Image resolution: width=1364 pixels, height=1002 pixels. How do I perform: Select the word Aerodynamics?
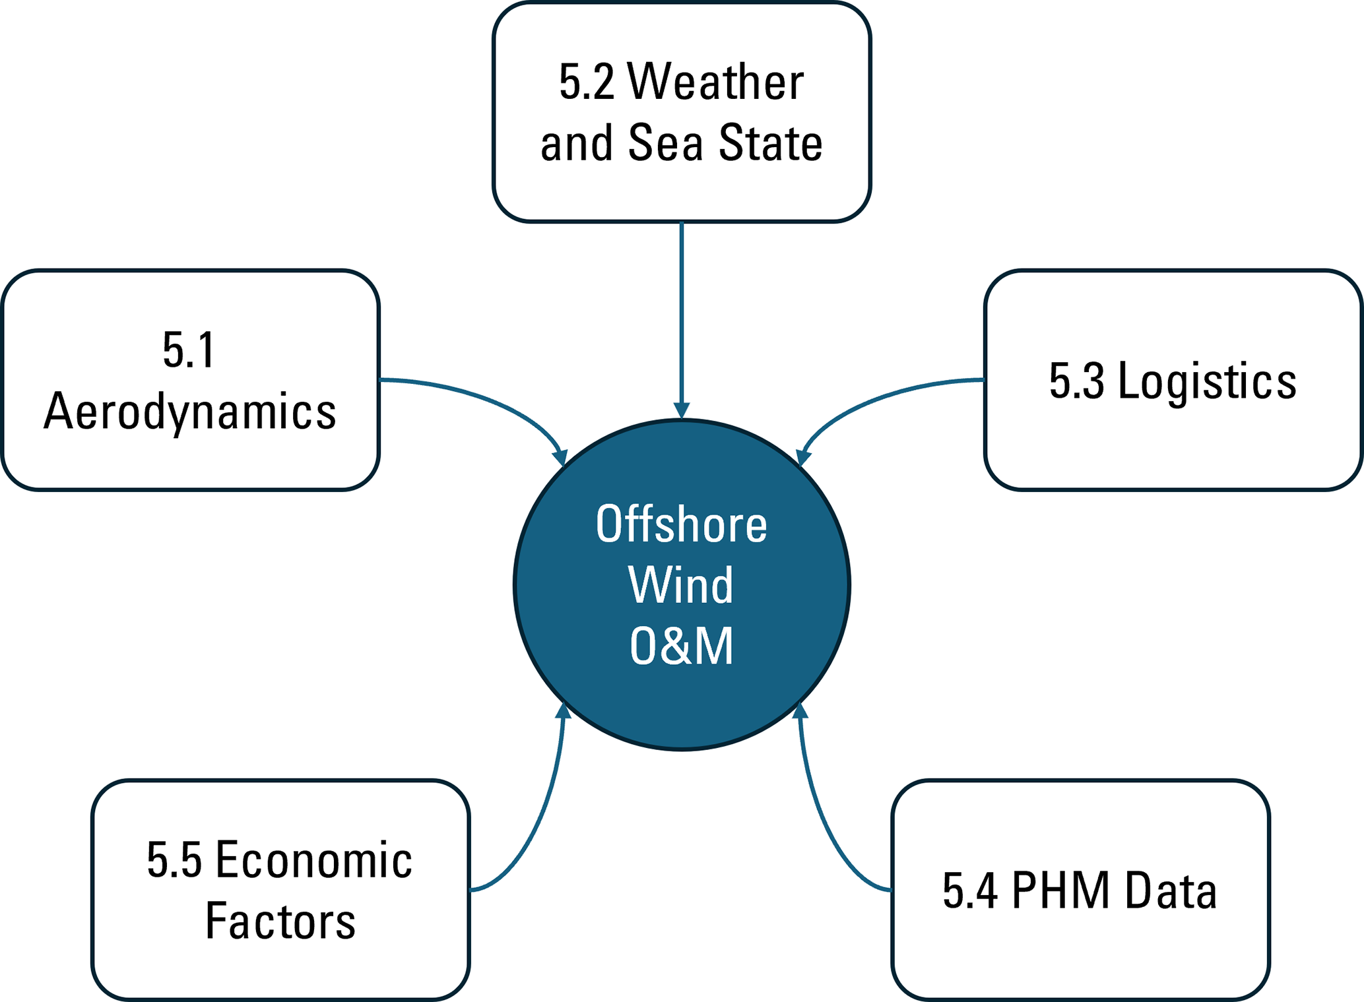(x=190, y=412)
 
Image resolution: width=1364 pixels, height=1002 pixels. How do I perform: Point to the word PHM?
(x=1060, y=891)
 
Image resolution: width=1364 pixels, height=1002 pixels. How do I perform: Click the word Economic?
(x=314, y=860)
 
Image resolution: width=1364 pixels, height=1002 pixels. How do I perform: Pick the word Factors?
(x=280, y=922)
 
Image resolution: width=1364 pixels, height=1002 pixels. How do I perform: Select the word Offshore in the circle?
(x=682, y=524)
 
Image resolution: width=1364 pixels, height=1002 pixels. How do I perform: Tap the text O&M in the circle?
(x=682, y=646)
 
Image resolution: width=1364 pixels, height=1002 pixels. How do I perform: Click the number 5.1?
(x=189, y=350)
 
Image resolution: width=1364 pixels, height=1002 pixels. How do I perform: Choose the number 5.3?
(x=1076, y=381)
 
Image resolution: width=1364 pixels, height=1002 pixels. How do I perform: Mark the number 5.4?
(x=969, y=891)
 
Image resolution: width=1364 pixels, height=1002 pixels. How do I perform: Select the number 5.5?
(x=174, y=860)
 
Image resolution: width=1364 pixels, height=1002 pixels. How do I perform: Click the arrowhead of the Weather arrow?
(x=682, y=410)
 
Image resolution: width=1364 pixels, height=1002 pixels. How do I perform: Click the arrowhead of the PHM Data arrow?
(x=800, y=710)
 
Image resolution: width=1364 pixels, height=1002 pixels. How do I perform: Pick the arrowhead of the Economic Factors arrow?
(x=563, y=710)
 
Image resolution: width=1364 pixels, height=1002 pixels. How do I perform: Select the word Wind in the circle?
(x=681, y=585)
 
